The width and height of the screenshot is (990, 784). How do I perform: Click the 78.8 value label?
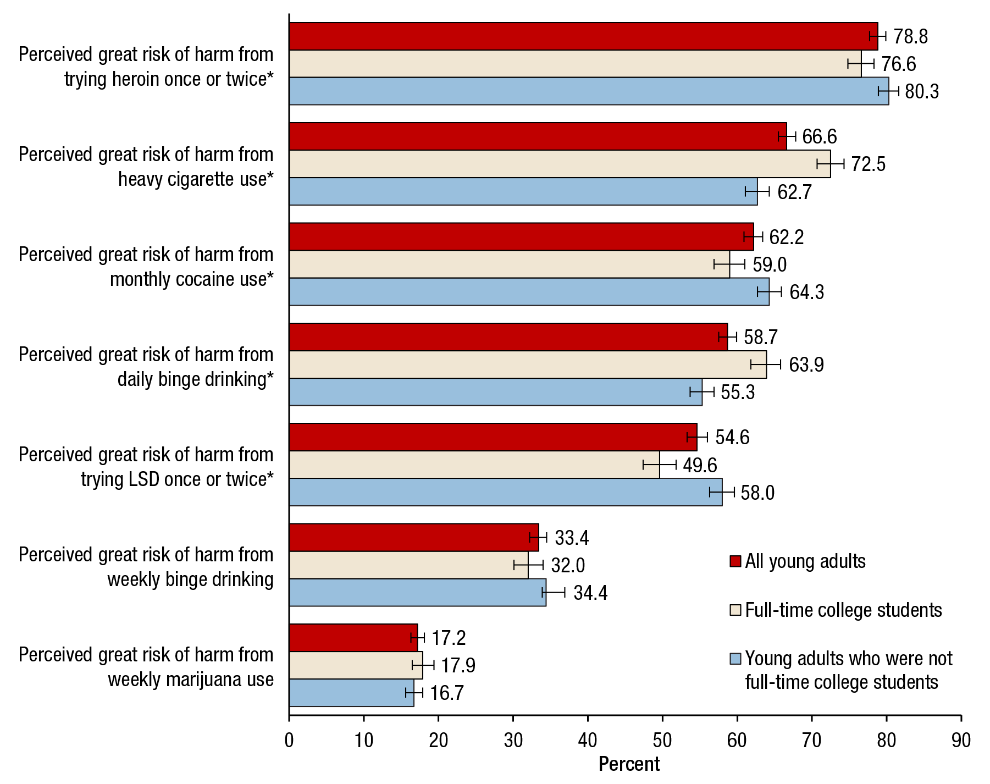(x=910, y=37)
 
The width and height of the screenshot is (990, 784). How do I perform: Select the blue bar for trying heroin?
(x=588, y=91)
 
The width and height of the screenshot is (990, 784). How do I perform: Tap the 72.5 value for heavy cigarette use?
(x=868, y=164)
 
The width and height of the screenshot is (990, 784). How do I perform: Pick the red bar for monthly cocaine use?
(x=521, y=237)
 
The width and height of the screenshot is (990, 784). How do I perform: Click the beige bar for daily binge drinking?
(x=528, y=365)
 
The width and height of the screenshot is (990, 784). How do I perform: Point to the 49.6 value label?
(x=700, y=465)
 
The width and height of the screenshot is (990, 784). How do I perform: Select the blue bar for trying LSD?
(x=506, y=492)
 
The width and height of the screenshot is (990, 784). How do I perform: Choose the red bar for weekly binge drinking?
(x=414, y=538)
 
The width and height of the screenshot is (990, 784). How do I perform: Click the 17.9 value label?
(x=458, y=666)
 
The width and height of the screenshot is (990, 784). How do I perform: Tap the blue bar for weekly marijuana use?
(x=352, y=693)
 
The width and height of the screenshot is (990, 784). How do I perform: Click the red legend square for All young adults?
(x=735, y=561)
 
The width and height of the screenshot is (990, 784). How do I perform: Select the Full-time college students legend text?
(x=843, y=610)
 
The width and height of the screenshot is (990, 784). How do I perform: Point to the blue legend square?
(x=735, y=659)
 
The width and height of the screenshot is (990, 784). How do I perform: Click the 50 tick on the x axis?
(x=662, y=741)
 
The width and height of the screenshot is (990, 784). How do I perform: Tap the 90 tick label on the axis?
(x=961, y=741)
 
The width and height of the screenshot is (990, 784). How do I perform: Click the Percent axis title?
(x=629, y=764)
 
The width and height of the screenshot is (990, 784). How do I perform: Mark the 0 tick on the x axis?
(x=290, y=741)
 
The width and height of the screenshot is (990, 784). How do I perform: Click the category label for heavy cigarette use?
(x=146, y=167)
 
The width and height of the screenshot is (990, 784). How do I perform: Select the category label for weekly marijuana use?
(x=146, y=667)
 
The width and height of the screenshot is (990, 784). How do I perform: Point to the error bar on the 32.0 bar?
(x=528, y=565)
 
